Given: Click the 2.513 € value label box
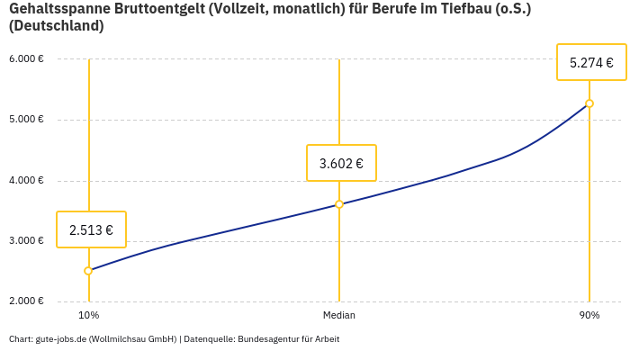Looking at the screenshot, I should (91, 229).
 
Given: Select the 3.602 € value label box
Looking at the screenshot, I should (341, 163).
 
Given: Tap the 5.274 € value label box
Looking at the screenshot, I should (591, 62).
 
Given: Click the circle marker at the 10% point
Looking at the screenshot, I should (88, 271).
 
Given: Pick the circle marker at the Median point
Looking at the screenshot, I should (339, 204).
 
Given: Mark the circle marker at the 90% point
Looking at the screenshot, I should (589, 103).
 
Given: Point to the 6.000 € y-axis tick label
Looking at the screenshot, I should (26, 59).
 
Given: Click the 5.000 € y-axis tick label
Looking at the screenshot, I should (26, 120).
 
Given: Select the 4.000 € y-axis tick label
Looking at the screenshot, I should (26, 180).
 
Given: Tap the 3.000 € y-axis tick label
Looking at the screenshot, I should (26, 240).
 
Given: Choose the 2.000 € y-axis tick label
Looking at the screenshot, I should (26, 301).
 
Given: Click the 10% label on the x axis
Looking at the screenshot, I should (88, 316).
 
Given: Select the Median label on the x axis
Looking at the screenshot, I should (339, 316).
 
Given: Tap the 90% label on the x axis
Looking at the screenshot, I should (589, 316).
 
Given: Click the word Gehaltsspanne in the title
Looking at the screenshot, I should (55, 9).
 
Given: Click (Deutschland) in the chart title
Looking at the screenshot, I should (56, 26).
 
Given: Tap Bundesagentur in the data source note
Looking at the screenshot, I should (265, 339).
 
